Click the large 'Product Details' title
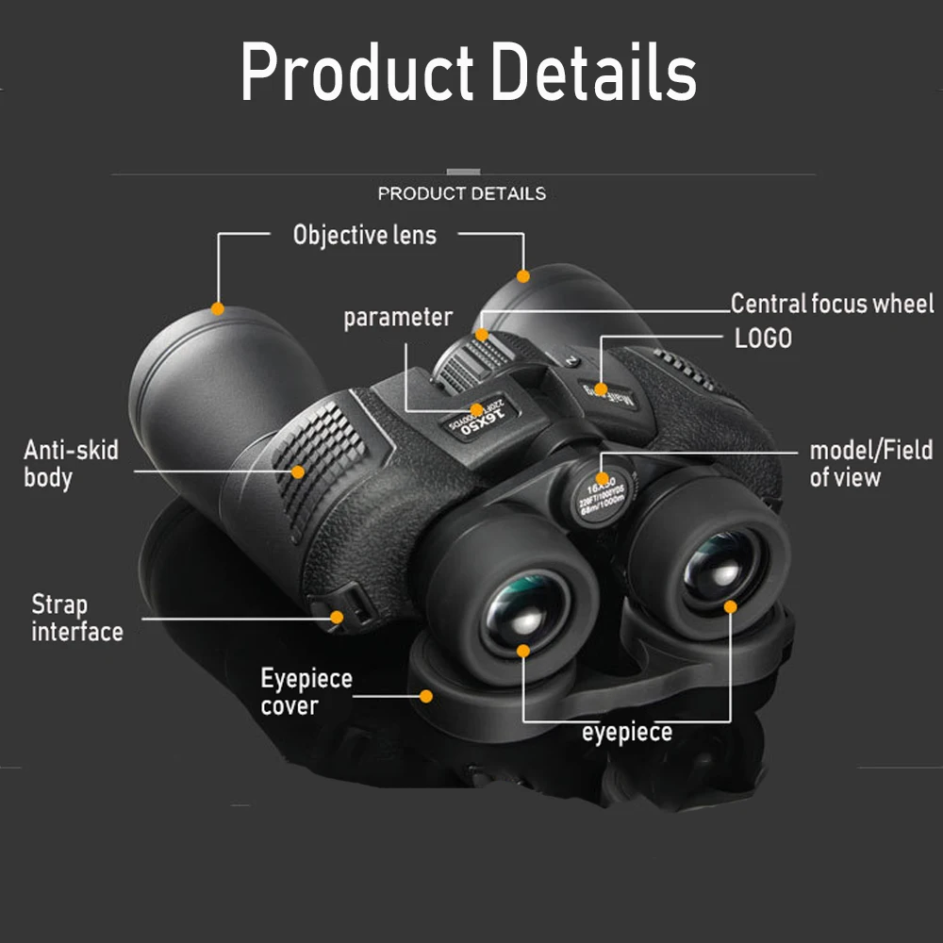469,73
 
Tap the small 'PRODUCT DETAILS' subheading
461,193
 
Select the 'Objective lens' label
365,235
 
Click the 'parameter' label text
398,318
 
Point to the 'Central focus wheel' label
832,304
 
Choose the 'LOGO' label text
763,338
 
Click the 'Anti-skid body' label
71,463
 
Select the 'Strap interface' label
76,618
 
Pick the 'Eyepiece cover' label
306,691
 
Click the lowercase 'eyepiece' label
627,732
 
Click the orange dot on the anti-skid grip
298,471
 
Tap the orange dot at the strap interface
337,618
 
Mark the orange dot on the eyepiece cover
426,696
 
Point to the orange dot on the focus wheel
482,334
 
